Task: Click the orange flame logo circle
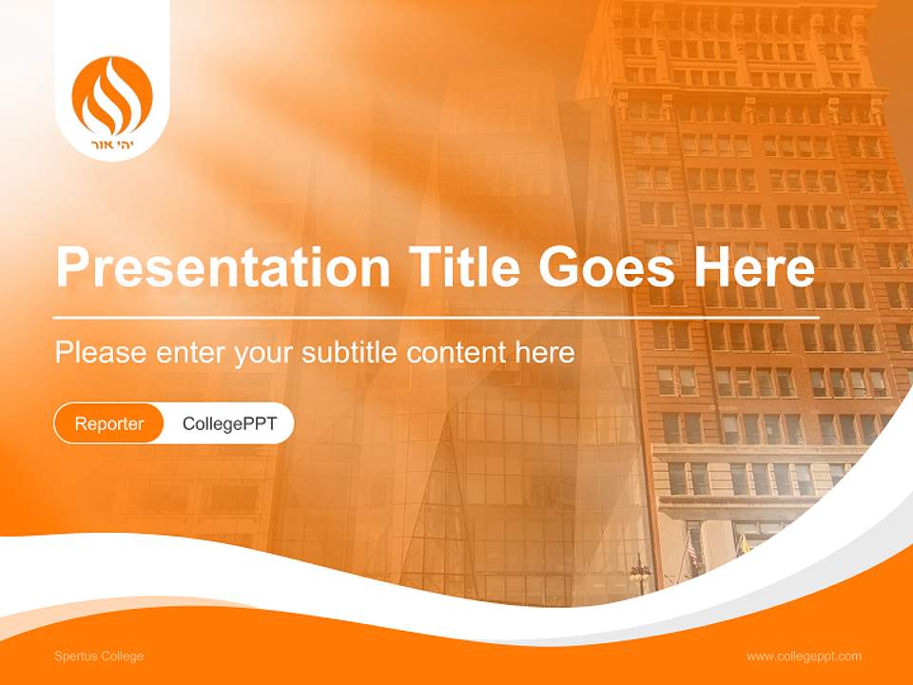point(112,95)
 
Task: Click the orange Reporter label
point(109,423)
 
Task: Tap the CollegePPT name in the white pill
point(229,423)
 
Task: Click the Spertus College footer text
point(99,656)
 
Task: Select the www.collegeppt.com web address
point(804,656)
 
